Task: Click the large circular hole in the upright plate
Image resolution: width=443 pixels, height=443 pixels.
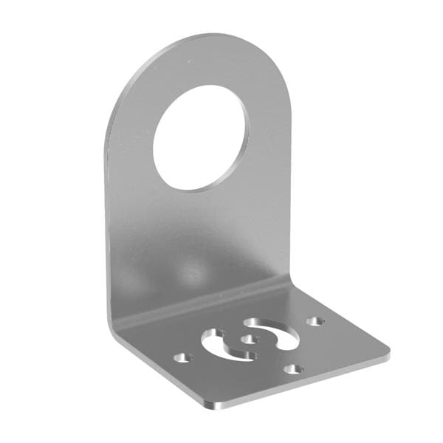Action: point(200,137)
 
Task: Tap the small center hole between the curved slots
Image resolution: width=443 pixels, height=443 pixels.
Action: point(249,340)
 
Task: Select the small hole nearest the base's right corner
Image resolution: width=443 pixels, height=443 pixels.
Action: point(315,322)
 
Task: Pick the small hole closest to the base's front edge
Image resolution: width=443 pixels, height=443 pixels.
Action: point(293,368)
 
